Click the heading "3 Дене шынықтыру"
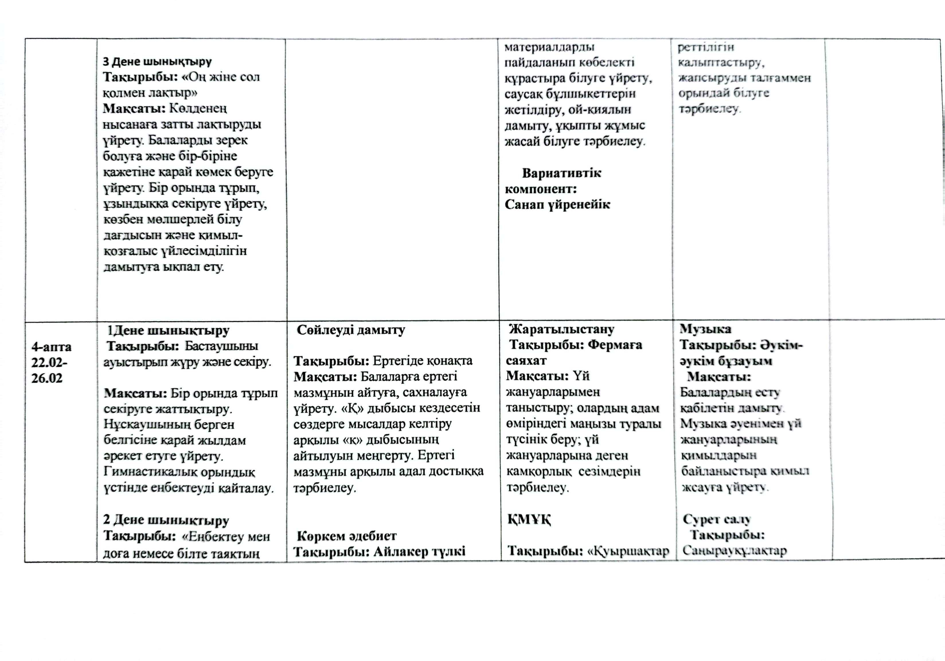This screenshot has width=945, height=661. coord(157,62)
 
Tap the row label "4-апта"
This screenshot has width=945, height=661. coord(51,347)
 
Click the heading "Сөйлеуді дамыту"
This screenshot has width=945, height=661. coord(351,330)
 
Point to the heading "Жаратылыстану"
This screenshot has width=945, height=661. coord(561,329)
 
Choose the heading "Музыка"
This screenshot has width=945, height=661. coord(705,329)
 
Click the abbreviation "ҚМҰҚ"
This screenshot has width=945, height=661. coord(529,520)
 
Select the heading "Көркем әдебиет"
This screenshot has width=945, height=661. coord(347,536)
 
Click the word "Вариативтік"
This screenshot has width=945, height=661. coord(561,173)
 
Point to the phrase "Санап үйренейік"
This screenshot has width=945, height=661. coord(557,204)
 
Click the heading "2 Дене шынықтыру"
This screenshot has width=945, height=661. coord(166,520)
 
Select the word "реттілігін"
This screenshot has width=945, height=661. coord(706,47)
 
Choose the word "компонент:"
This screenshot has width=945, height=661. coord(540,189)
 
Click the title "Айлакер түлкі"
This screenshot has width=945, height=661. coord(419,551)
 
